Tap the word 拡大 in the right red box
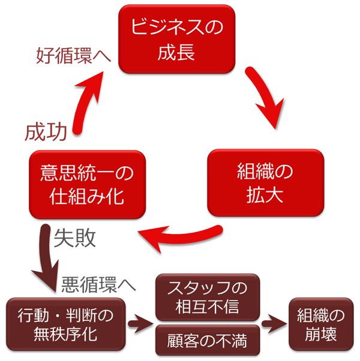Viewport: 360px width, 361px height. click(x=265, y=195)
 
